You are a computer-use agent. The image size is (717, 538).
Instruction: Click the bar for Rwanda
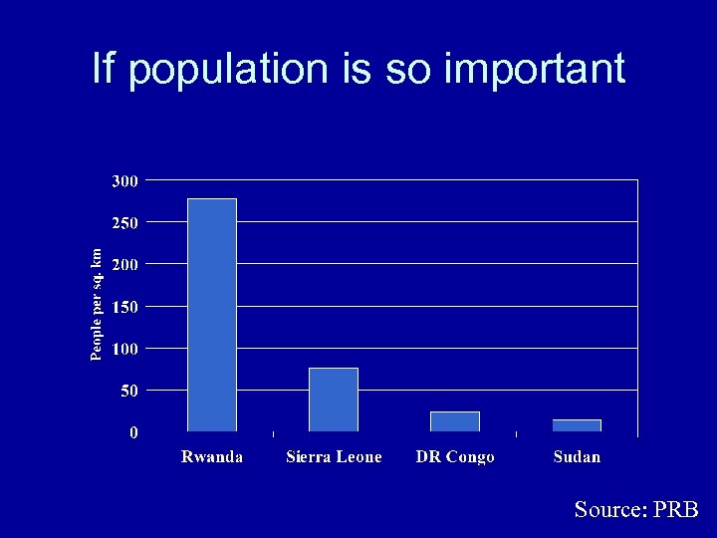(212, 315)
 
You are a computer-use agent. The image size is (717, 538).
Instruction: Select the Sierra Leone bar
(334, 400)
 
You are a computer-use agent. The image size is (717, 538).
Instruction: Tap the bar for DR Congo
(455, 421)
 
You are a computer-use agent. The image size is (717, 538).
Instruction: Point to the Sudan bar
(577, 425)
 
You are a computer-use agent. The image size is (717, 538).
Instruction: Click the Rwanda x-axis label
(211, 457)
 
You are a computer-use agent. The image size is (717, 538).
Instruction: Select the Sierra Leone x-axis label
(334, 457)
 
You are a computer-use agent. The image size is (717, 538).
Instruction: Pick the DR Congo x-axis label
(455, 457)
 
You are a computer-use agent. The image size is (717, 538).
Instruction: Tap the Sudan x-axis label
(578, 457)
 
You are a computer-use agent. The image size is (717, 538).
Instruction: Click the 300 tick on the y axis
(124, 181)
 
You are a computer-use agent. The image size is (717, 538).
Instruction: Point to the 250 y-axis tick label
(124, 223)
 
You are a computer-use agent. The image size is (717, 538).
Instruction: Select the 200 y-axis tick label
(124, 265)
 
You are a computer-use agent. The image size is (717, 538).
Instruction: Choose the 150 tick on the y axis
(124, 307)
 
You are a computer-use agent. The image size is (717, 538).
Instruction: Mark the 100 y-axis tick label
(124, 349)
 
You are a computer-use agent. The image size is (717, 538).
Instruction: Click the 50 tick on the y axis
(129, 392)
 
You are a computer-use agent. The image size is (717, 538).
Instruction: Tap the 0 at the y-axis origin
(133, 432)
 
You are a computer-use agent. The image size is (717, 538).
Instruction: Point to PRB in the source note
(677, 509)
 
